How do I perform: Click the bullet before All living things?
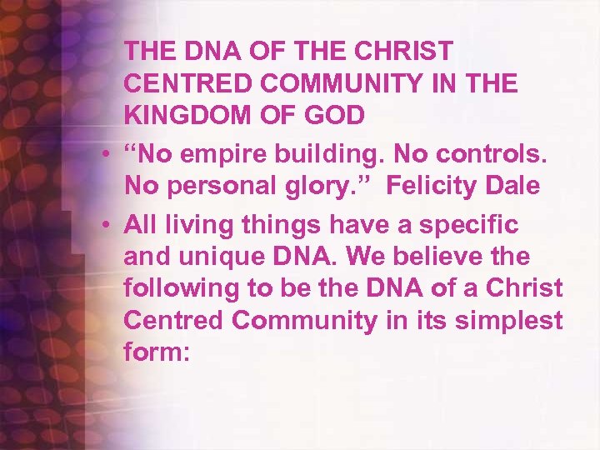[x=108, y=223]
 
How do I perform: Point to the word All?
[x=139, y=222]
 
